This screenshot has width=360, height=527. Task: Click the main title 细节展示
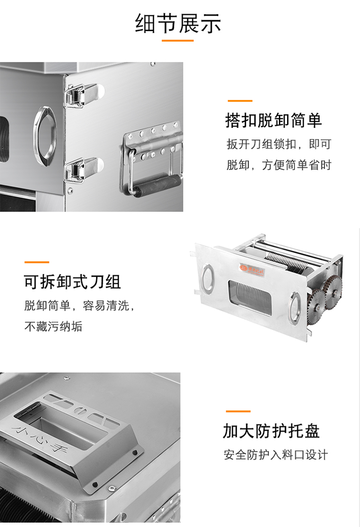click(178, 24)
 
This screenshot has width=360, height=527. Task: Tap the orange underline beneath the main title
click(178, 41)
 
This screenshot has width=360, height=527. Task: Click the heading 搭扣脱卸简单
click(274, 120)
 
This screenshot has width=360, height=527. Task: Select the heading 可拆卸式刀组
click(72, 282)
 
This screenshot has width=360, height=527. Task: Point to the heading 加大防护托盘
click(271, 431)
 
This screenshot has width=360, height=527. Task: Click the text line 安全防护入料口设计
click(276, 455)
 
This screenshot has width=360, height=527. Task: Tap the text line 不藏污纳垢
click(53, 326)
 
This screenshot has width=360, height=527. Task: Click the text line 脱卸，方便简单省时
click(279, 165)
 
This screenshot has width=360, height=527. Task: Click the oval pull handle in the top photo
click(45, 136)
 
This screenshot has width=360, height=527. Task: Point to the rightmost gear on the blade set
click(334, 292)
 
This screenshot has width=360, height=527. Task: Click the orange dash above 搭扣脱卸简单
click(240, 100)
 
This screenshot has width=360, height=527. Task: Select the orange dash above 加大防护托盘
click(238, 411)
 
